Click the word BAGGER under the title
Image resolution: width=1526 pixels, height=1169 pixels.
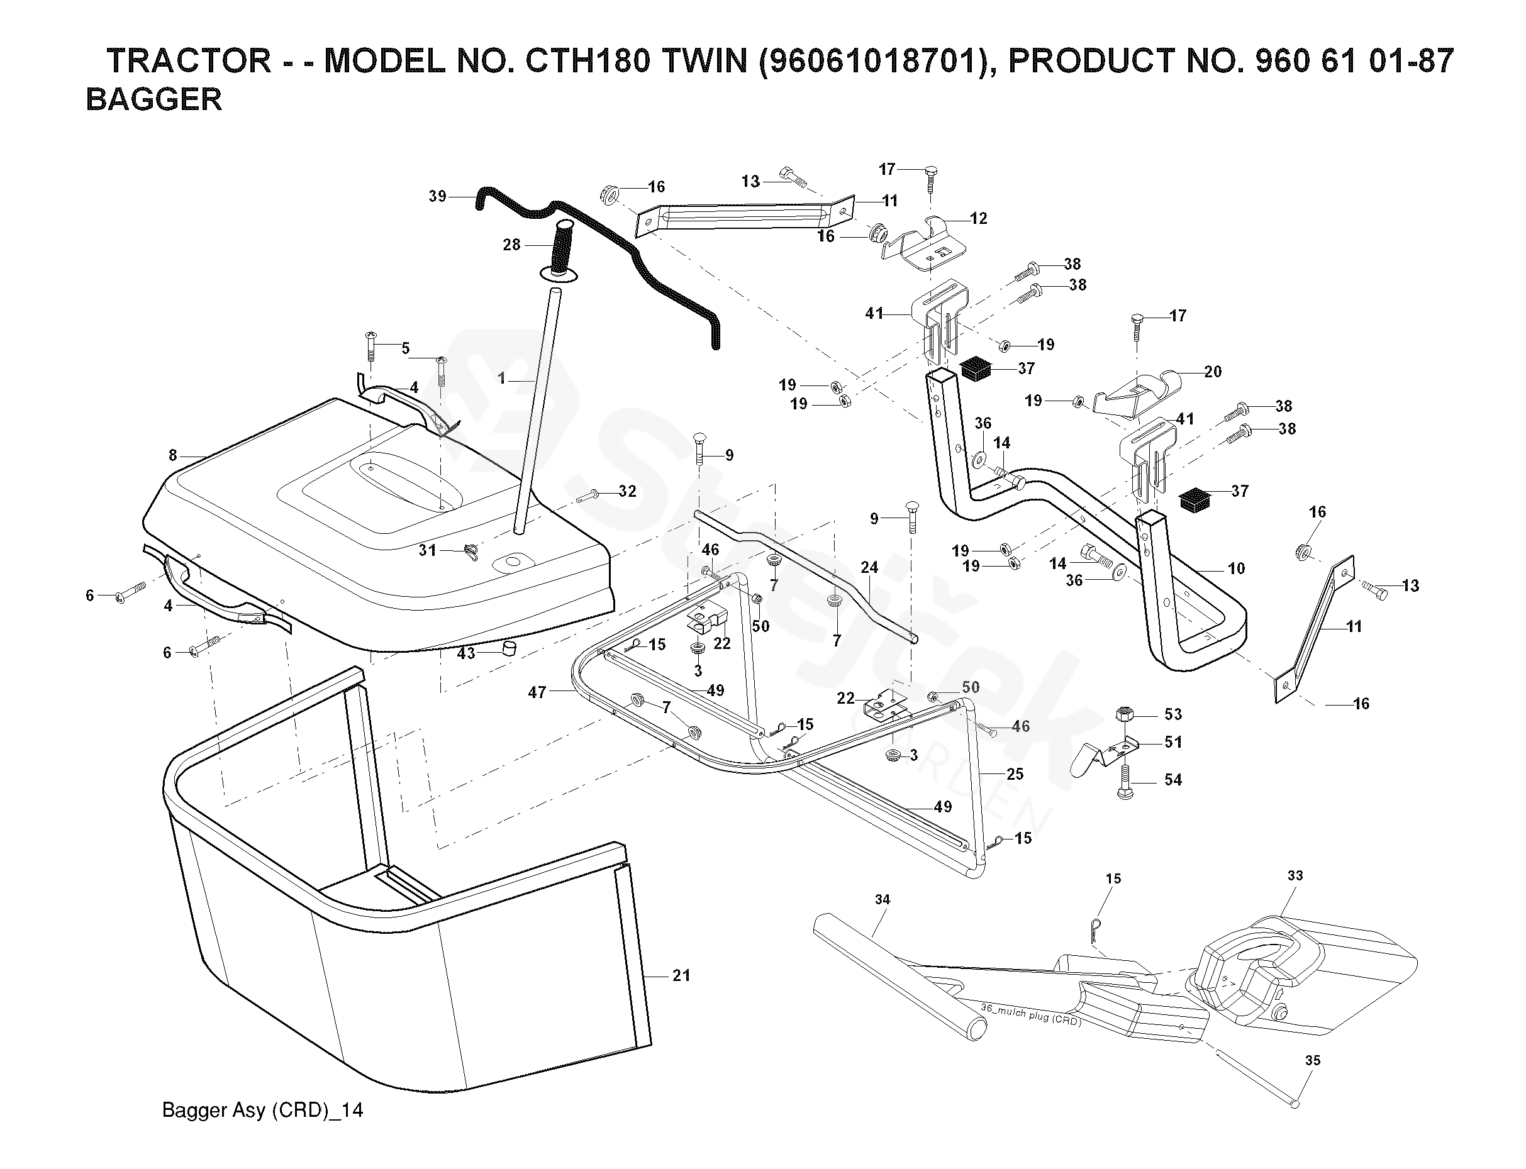coord(153,99)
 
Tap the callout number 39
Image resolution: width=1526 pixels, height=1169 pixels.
coord(437,196)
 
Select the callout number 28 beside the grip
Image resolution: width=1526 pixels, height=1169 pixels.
coord(511,245)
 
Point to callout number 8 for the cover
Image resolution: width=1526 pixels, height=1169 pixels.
coord(172,456)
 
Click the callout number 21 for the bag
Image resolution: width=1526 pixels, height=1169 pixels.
coord(681,975)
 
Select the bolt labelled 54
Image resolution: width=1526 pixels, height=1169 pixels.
coord(1125,782)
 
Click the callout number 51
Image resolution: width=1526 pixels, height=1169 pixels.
coord(1173,742)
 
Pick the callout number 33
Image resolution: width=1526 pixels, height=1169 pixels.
coord(1295,875)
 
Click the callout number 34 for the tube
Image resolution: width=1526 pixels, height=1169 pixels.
coord(883,900)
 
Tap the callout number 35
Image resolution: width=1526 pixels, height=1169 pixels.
coord(1312,1060)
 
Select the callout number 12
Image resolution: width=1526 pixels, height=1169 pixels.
coord(978,218)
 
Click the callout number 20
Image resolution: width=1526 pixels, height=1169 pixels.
coord(1212,372)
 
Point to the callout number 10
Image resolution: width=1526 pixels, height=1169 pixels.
coord(1236,568)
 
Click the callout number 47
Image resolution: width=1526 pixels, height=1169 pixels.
coord(537,692)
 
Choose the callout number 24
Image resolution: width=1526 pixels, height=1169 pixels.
coord(869,567)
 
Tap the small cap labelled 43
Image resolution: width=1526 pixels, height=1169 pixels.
coord(510,649)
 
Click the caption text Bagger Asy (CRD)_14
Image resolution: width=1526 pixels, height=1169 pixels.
coord(262,1110)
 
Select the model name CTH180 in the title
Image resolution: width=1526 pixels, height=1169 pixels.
coord(588,61)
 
